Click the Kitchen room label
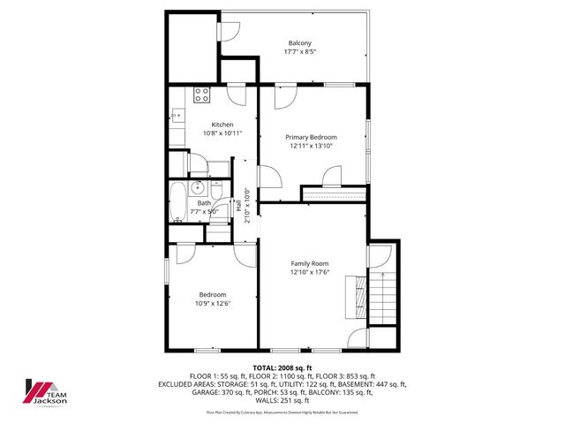222,125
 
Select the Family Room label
310,263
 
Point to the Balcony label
300,43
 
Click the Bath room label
204,203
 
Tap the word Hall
238,205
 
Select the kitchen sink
177,115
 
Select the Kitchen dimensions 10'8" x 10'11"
222,133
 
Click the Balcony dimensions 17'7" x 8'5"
300,52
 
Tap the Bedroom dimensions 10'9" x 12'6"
212,304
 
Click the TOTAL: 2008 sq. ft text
282,367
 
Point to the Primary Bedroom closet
334,193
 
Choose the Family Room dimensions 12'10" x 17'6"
310,272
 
